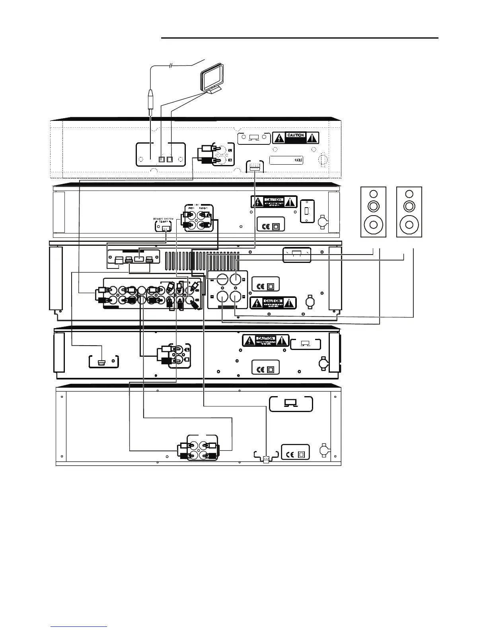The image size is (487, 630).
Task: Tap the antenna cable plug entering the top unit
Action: [150, 100]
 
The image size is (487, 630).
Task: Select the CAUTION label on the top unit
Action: [296, 138]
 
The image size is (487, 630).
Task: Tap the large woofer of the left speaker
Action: [373, 224]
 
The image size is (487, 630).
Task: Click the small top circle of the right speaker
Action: [409, 194]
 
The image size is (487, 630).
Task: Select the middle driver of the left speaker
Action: [373, 206]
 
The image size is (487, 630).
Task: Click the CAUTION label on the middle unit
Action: [273, 303]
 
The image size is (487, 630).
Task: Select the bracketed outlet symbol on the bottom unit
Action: [291, 404]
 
